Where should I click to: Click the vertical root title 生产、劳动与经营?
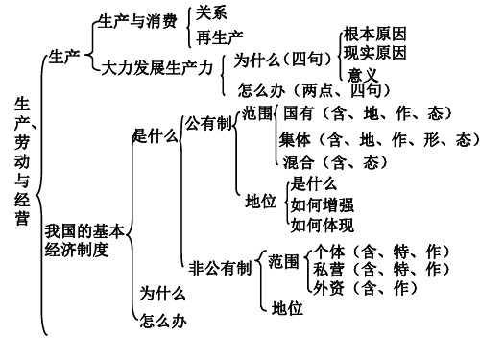coord(21,158)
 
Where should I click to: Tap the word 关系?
coord(211,12)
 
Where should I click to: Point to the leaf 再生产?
coord(218,36)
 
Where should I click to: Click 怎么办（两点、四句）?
coord(313,90)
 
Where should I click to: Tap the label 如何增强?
coord(322,204)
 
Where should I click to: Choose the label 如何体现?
coord(322,225)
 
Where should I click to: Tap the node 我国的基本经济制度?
coord(84,241)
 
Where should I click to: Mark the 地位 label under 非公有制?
coord(287,308)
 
